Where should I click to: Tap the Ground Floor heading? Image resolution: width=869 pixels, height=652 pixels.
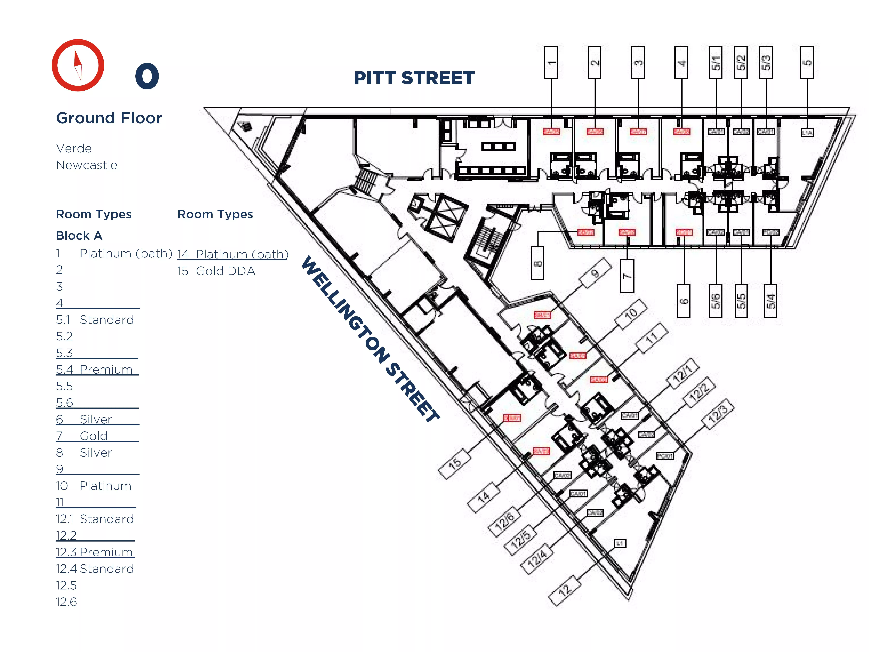pyautogui.click(x=109, y=118)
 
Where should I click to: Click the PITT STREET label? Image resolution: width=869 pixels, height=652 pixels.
pyautogui.click(x=414, y=78)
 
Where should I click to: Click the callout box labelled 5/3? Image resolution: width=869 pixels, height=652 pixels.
pyautogui.click(x=766, y=63)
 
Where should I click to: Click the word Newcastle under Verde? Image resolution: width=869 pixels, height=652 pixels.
pyautogui.click(x=86, y=165)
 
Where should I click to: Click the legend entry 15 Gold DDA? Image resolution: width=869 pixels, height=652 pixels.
pyautogui.click(x=216, y=271)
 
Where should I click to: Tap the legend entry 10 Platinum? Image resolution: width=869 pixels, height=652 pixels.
pyautogui.click(x=94, y=486)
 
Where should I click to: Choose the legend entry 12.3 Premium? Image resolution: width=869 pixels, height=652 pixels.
pyautogui.click(x=94, y=552)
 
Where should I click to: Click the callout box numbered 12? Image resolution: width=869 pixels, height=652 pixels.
pyautogui.click(x=564, y=591)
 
